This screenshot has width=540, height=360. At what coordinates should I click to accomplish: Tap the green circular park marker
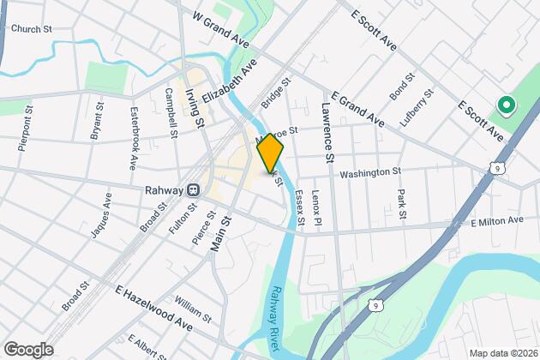point(505,106)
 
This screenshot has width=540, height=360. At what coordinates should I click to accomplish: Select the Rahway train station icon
point(195,189)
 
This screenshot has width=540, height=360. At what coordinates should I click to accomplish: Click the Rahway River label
point(274,317)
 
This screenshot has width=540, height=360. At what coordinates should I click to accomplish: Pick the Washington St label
point(370,173)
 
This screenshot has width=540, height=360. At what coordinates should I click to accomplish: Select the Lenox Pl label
point(316,208)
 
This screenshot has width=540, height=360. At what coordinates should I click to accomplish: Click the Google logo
point(28,350)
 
